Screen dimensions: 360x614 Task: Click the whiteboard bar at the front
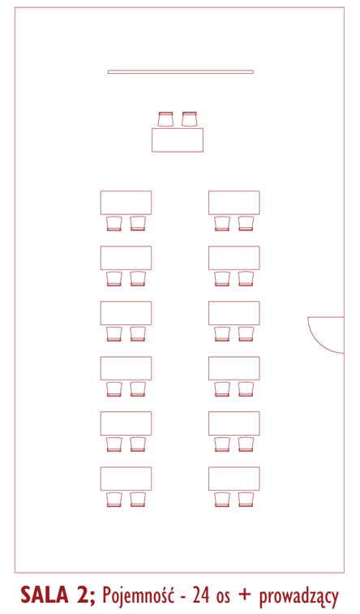click(x=181, y=71)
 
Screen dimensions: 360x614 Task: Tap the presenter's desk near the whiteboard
click(x=178, y=140)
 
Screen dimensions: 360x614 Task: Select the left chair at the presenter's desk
click(x=165, y=119)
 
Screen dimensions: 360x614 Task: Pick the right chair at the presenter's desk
click(x=189, y=119)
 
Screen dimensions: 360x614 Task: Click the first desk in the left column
click(x=126, y=203)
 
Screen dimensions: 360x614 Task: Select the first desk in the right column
click(x=234, y=203)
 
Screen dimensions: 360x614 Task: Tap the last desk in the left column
click(x=126, y=479)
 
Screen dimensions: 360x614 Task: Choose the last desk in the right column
click(x=234, y=479)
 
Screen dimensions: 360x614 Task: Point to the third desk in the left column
click(x=126, y=313)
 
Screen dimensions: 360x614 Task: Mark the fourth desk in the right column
click(x=234, y=368)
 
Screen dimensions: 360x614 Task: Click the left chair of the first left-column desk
click(x=114, y=224)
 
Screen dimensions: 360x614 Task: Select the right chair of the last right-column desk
click(x=246, y=500)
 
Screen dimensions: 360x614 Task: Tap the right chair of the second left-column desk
click(x=138, y=278)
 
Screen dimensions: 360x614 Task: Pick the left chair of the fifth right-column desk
click(x=222, y=444)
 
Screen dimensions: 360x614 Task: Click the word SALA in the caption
click(x=45, y=595)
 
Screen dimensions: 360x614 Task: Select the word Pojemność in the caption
click(x=138, y=596)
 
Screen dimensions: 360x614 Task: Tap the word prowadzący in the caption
click(x=298, y=597)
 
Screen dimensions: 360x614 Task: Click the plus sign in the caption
click(x=245, y=595)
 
